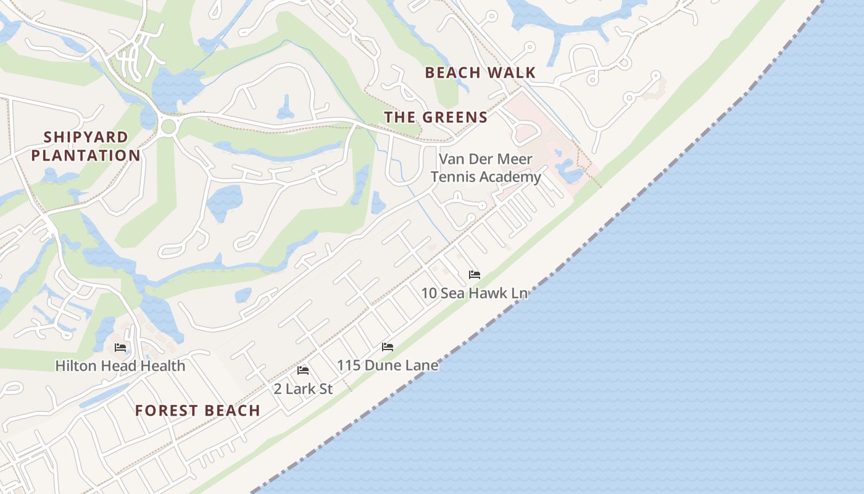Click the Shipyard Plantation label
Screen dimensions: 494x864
click(86, 146)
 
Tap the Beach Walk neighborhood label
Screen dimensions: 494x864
click(480, 73)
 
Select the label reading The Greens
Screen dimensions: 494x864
click(436, 117)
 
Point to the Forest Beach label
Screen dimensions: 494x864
click(197, 411)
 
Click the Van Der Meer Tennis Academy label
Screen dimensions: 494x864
click(486, 168)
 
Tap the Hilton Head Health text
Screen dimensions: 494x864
click(120, 366)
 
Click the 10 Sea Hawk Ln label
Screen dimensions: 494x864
click(474, 293)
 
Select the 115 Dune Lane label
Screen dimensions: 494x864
click(388, 365)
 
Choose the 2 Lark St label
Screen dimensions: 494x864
click(303, 389)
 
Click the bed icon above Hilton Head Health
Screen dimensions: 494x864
click(120, 348)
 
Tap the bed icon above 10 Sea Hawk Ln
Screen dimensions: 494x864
click(474, 275)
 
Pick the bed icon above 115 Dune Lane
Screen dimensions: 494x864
click(388, 347)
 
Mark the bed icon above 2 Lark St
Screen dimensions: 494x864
click(303, 371)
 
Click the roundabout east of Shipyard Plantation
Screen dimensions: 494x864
click(168, 128)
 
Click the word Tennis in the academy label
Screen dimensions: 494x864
click(454, 177)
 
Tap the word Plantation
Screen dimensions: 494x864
click(86, 156)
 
